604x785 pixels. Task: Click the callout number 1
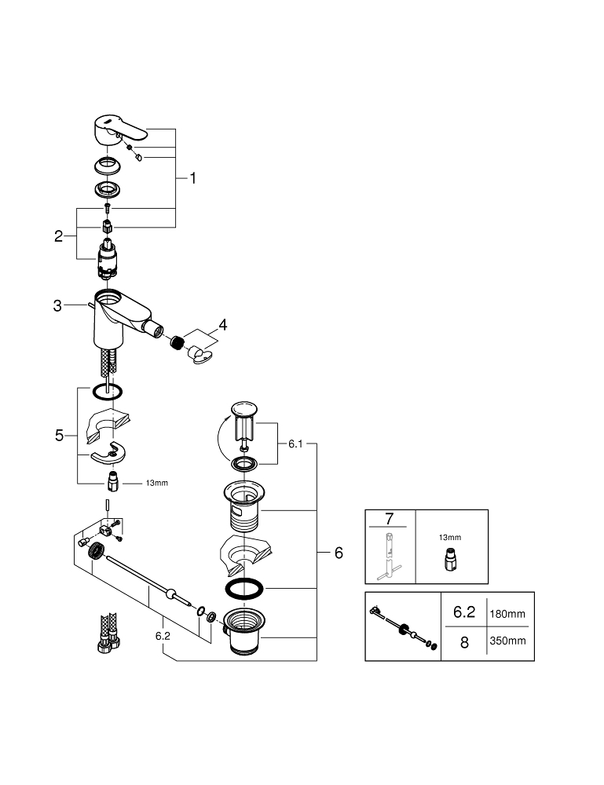[x=192, y=178]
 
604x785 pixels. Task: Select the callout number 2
[x=59, y=236]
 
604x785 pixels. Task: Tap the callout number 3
[x=57, y=305]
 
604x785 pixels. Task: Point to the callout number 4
[x=223, y=325]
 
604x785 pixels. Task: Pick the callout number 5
[x=59, y=436]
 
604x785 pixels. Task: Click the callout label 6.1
[x=295, y=444]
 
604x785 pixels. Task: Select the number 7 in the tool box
[x=390, y=519]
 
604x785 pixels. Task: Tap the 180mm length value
[x=507, y=614]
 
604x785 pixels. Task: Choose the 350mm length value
[x=508, y=641]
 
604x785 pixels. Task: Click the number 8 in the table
[x=464, y=642]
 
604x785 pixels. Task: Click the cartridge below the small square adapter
[x=108, y=259]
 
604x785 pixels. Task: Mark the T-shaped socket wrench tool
[x=390, y=556]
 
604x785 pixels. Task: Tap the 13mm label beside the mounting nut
[x=157, y=483]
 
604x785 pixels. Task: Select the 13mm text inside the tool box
[x=450, y=538]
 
